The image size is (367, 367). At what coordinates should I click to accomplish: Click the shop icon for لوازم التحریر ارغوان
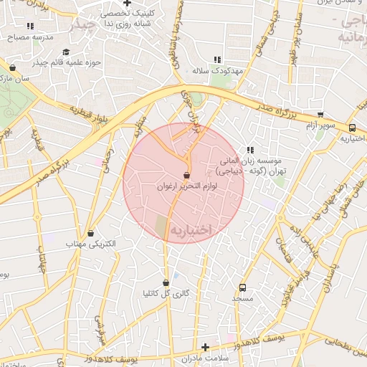click(x=187, y=175)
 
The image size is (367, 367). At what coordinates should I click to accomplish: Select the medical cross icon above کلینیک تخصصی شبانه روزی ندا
click(x=126, y=4)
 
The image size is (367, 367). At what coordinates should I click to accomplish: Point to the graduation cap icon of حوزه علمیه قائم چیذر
click(x=66, y=52)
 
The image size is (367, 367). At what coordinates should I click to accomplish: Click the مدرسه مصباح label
click(x=27, y=37)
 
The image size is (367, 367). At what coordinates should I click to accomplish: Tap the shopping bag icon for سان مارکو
click(x=13, y=68)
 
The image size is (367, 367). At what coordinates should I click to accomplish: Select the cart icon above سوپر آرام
click(x=320, y=115)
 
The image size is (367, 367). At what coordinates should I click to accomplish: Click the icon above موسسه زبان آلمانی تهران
click(x=250, y=150)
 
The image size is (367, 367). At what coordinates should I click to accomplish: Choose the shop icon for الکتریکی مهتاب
click(x=90, y=234)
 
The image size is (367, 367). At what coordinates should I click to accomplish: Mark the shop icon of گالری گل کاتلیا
click(x=166, y=282)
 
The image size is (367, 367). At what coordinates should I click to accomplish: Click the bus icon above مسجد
click(x=242, y=287)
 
